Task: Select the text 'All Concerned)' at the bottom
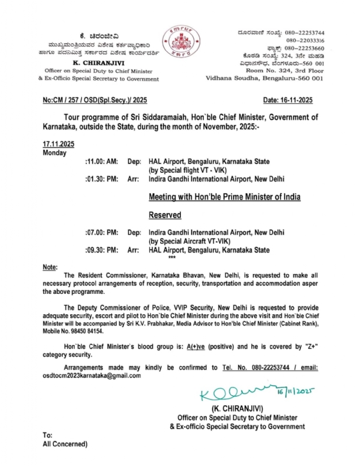[65, 444]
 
